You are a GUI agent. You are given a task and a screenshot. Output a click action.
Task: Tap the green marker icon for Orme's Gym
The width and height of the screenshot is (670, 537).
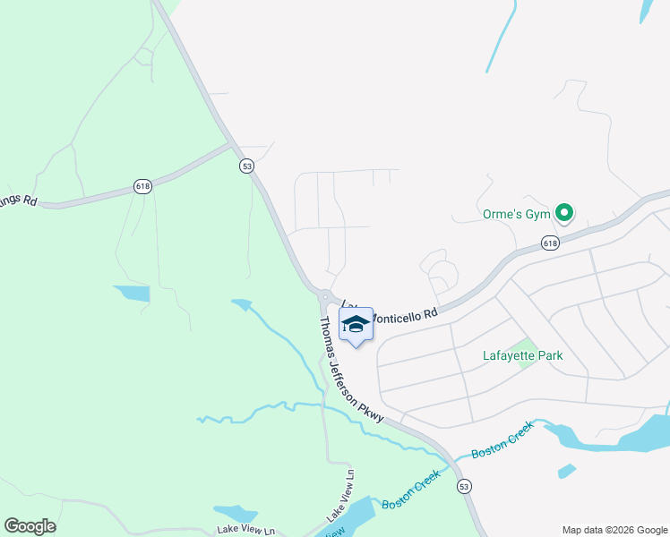(564, 213)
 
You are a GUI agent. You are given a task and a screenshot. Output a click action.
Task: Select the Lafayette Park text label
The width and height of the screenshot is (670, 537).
(521, 355)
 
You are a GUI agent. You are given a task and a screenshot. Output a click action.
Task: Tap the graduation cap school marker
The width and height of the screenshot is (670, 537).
(356, 325)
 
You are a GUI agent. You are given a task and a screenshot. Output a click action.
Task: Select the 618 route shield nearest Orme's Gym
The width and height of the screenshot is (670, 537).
(550, 243)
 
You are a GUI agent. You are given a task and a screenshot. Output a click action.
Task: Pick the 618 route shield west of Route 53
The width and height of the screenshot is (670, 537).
(142, 186)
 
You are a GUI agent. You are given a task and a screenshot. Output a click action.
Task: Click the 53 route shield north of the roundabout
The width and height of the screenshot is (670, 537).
(247, 166)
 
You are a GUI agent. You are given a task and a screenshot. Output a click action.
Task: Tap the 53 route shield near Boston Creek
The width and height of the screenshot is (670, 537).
(463, 486)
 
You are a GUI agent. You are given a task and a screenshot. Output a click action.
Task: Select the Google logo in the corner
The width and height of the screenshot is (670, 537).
(30, 526)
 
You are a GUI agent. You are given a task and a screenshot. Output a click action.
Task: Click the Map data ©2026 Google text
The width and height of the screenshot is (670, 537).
(614, 530)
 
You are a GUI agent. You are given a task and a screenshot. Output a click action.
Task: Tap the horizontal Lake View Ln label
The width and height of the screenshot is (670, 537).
(243, 532)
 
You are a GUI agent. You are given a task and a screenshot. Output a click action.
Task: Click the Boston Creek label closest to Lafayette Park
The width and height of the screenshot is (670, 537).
(502, 439)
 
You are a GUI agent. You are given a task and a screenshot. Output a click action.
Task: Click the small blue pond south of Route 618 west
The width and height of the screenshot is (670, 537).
(131, 293)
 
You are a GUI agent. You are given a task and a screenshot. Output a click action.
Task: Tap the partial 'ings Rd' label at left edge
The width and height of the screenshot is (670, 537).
(18, 200)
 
